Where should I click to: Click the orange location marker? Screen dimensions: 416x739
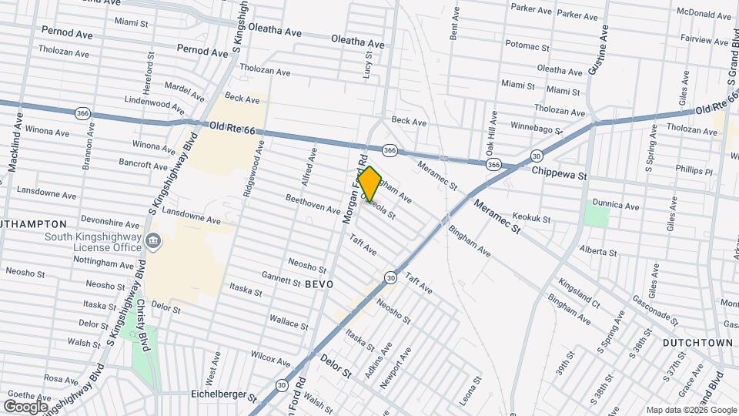tap(370, 184)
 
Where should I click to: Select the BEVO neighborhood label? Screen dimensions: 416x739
tap(319, 284)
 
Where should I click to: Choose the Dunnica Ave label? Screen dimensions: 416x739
tap(621, 206)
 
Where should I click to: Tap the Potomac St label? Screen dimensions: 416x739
tap(528, 47)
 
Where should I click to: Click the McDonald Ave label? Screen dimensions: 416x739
tap(704, 12)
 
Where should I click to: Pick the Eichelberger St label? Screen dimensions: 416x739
tap(223, 396)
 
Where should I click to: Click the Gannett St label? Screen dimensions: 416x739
tap(280, 279)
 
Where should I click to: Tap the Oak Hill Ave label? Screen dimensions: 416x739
tap(489, 131)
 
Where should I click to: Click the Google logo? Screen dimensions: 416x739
tap(25, 406)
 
